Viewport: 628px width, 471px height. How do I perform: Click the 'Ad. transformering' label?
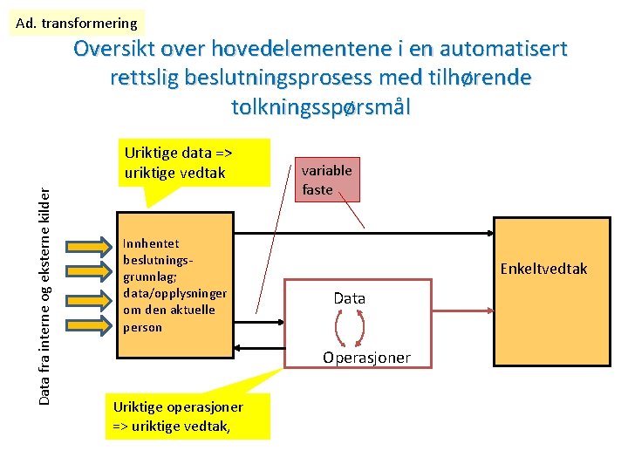pyautogui.click(x=77, y=23)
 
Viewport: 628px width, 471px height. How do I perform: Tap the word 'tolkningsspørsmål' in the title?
pyautogui.click(x=320, y=107)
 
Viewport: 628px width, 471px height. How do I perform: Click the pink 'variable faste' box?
pyautogui.click(x=326, y=180)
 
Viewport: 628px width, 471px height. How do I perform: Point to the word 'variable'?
pyautogui.click(x=327, y=170)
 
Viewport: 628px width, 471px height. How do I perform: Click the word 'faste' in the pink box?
pyautogui.click(x=317, y=189)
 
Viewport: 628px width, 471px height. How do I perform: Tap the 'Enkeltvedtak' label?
pyautogui.click(x=543, y=269)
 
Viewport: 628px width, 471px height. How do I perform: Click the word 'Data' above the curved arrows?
pyautogui.click(x=349, y=298)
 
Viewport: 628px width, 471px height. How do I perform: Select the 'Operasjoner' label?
pyautogui.click(x=366, y=358)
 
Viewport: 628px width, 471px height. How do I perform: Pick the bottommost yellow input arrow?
pyautogui.click(x=89, y=327)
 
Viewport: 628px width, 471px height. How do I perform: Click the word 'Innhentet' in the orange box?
pyautogui.click(x=152, y=244)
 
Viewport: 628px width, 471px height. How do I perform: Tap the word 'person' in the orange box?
pyautogui.click(x=143, y=327)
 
